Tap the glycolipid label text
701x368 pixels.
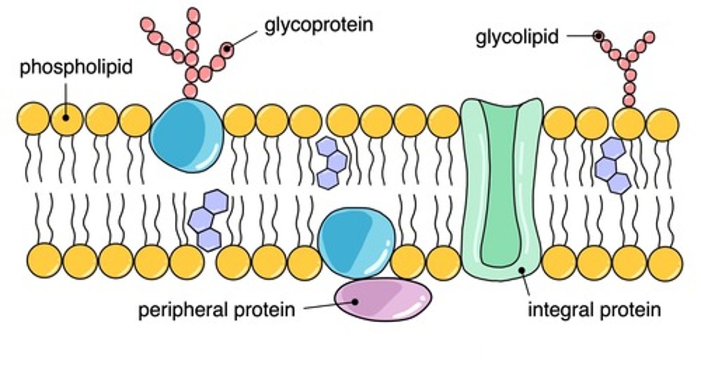[x=517, y=37]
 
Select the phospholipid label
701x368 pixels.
[x=76, y=67]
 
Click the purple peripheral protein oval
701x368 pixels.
[x=385, y=299]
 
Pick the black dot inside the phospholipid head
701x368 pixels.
[x=66, y=118]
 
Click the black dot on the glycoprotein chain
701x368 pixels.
[x=226, y=49]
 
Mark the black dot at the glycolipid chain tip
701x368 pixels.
[x=598, y=35]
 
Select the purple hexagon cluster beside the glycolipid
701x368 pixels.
[x=612, y=166]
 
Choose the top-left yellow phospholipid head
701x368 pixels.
[x=34, y=120]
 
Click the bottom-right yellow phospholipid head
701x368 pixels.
[x=665, y=263]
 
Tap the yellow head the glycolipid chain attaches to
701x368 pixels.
[x=629, y=123]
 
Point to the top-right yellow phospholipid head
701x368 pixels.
[x=662, y=124]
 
